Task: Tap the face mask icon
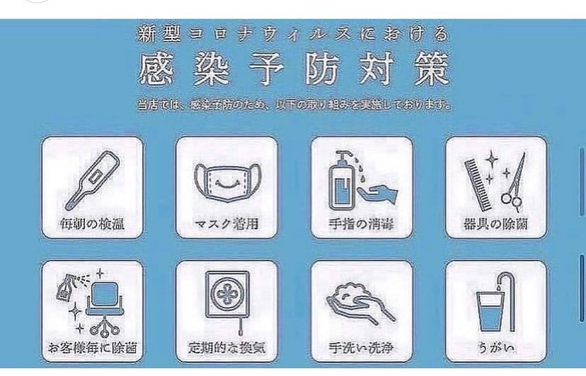226,181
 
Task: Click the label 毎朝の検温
93,225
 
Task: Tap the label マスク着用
226,226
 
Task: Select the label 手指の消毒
362,226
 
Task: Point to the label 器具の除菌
496,226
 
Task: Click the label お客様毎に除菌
93,348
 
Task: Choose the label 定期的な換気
226,348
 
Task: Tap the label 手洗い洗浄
362,348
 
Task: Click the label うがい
495,348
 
